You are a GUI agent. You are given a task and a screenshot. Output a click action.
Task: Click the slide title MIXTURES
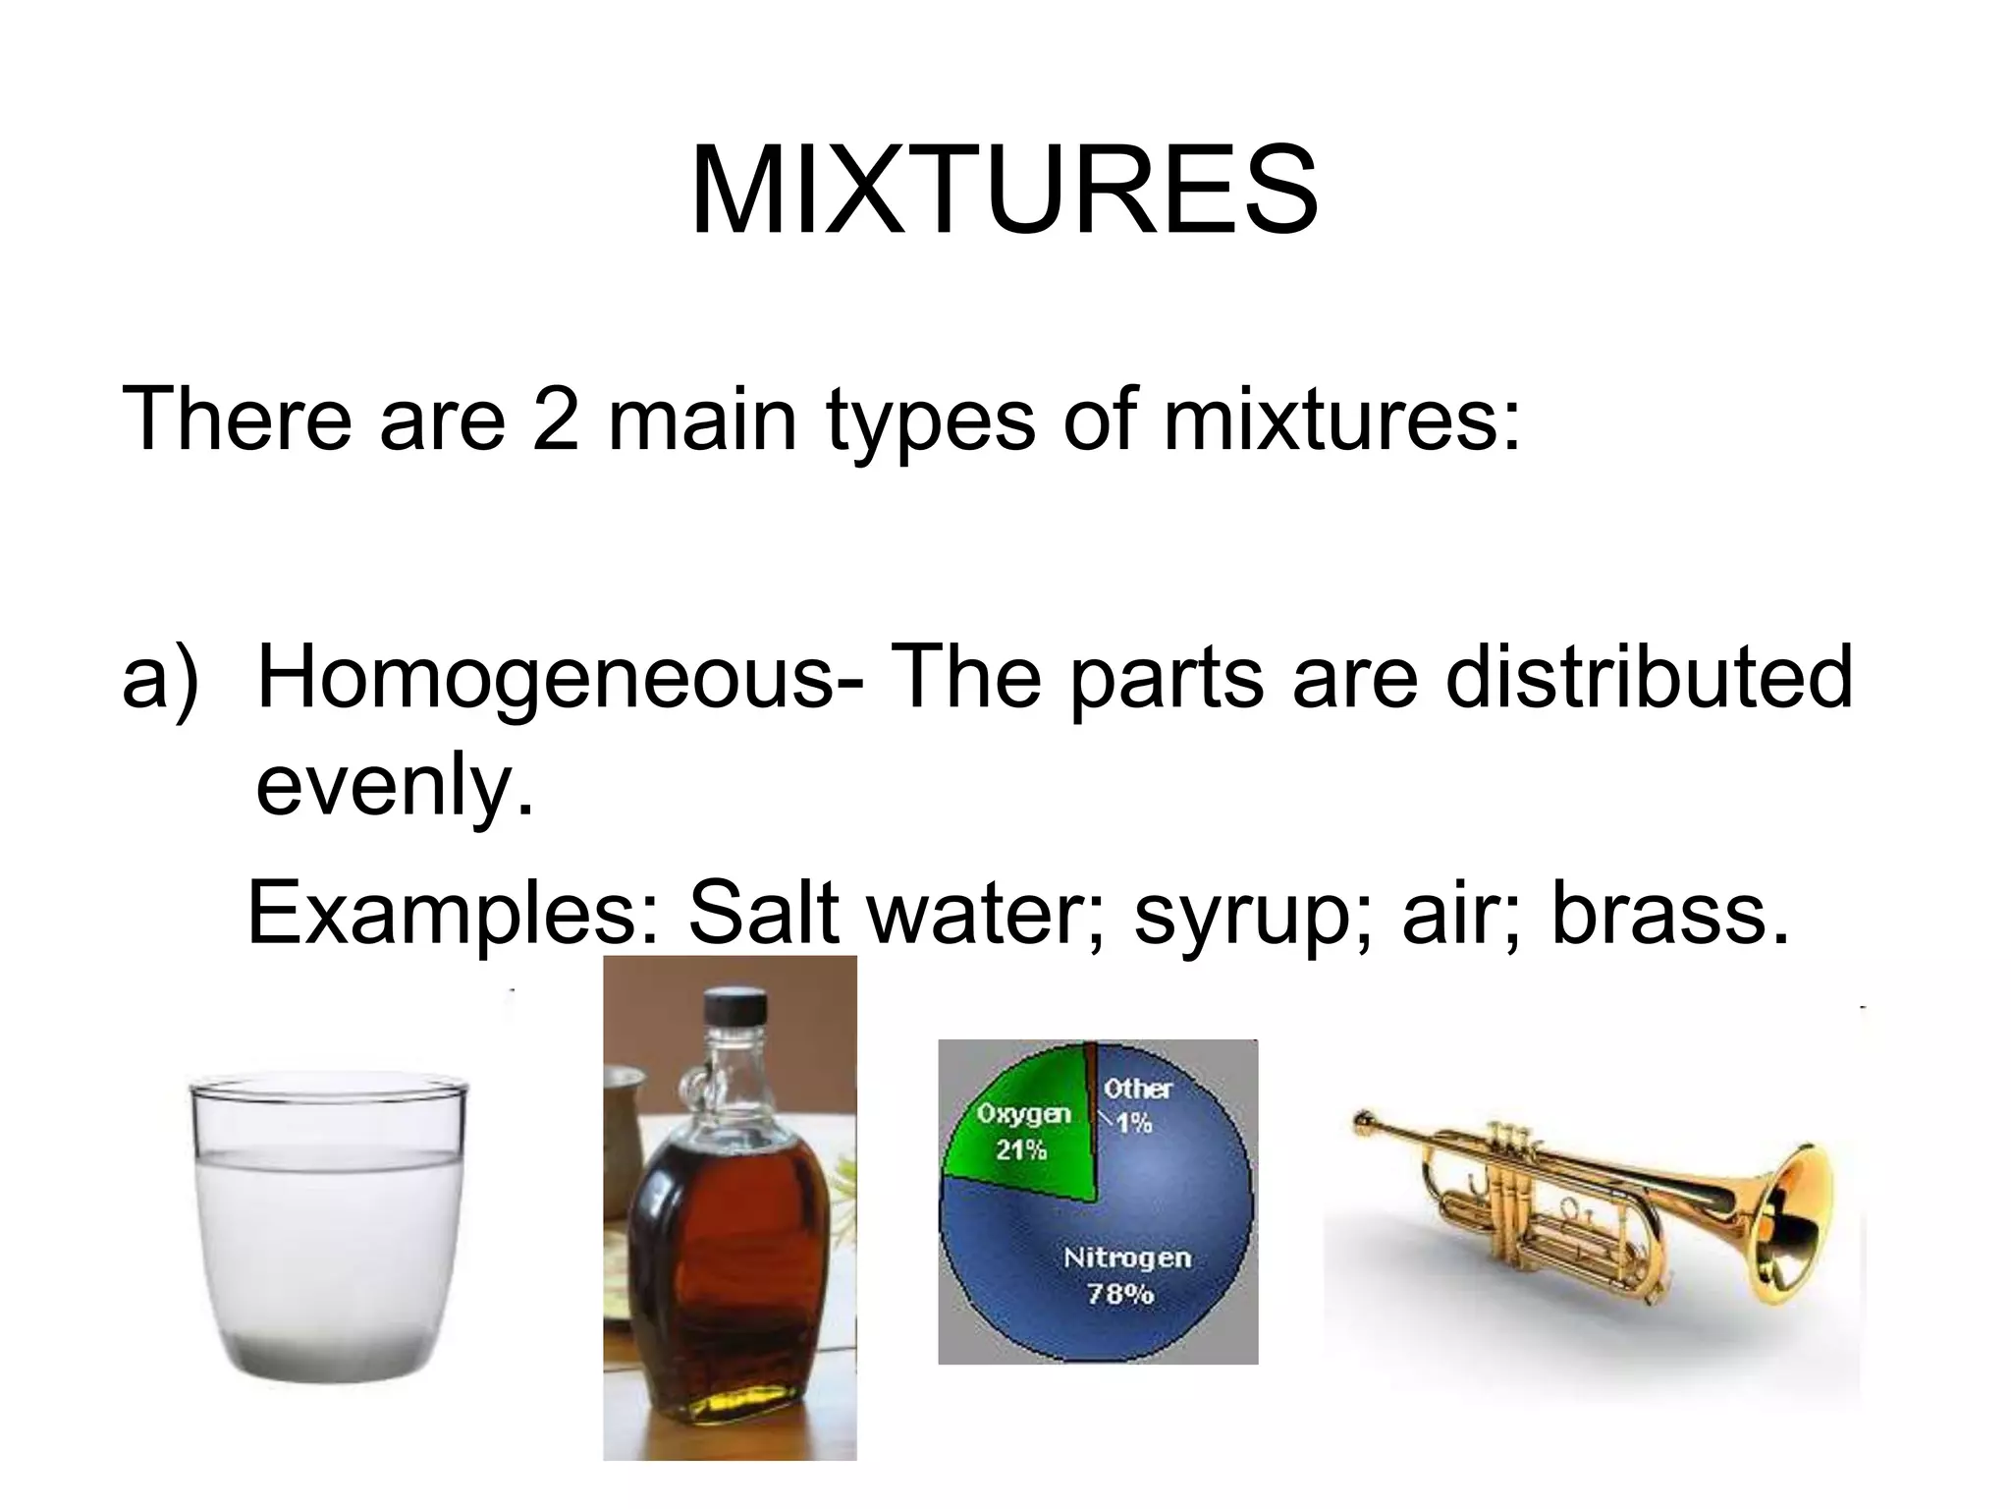click(1004, 191)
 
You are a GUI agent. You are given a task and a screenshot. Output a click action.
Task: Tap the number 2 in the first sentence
click(556, 419)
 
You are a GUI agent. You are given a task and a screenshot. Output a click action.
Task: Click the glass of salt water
click(328, 1228)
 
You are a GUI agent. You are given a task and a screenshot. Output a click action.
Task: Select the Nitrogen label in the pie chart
click(1126, 1257)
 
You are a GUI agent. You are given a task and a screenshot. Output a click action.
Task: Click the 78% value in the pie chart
click(1119, 1294)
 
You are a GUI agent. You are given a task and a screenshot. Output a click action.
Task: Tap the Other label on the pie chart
click(1137, 1089)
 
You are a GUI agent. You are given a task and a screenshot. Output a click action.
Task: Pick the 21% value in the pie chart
click(1021, 1149)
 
